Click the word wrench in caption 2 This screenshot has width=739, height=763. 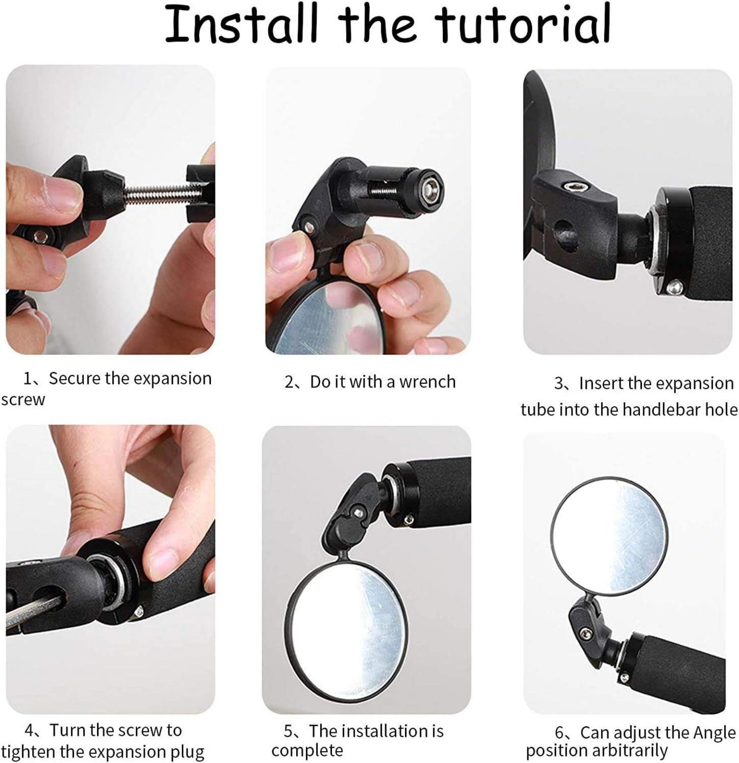427,382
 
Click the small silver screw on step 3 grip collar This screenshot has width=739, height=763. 674,287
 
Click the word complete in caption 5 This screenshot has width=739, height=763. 307,751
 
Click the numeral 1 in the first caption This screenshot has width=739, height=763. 28,379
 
